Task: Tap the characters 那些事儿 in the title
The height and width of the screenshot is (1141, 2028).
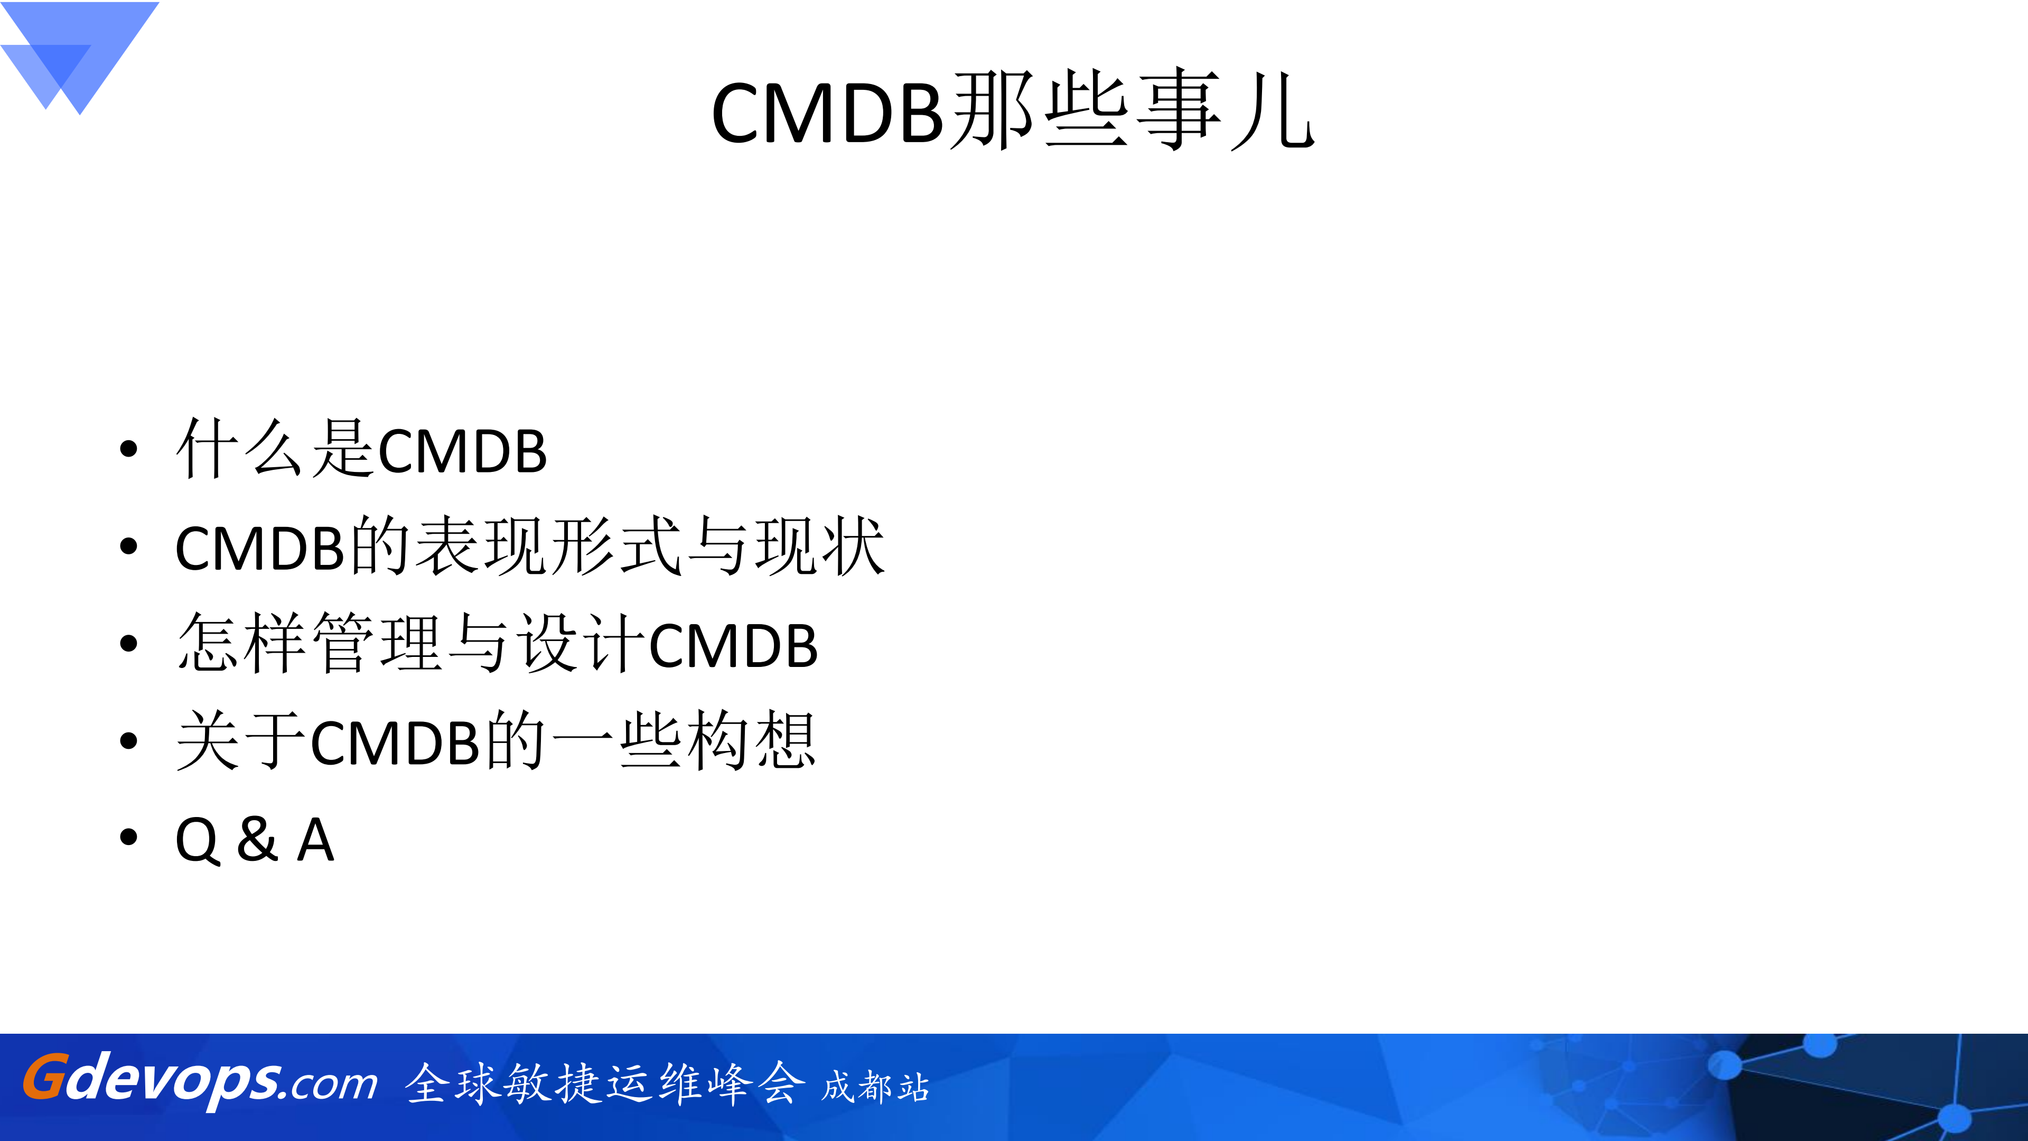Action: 1132,110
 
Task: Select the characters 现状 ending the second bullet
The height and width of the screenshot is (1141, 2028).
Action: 819,546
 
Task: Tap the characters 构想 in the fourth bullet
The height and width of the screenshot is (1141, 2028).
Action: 750,740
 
